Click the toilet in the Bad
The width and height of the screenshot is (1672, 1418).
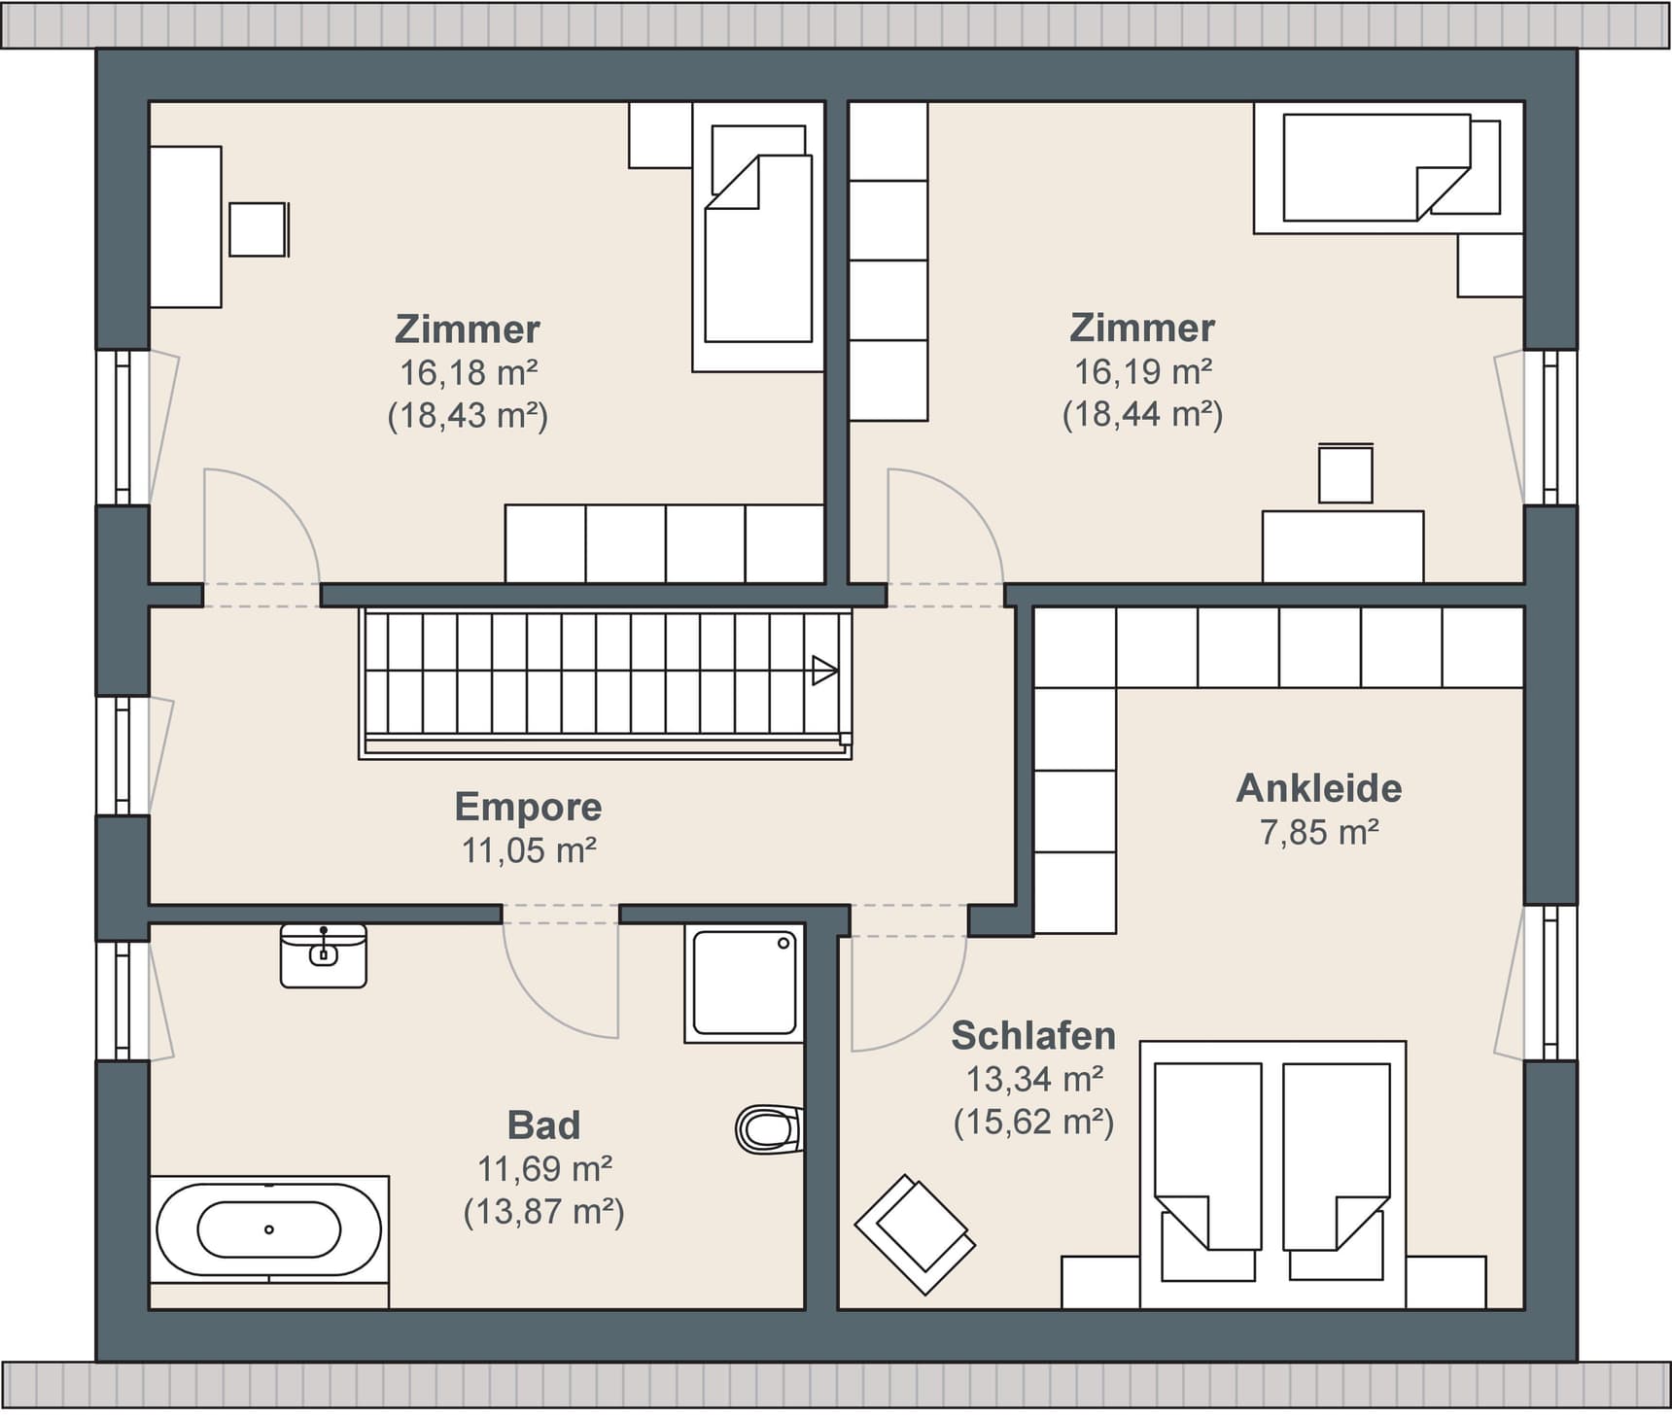[x=769, y=1129]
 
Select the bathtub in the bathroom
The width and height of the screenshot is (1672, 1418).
[x=269, y=1229]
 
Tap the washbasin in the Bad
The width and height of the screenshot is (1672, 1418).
[x=324, y=956]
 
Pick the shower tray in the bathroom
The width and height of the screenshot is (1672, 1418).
[x=745, y=983]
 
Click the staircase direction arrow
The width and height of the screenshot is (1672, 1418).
[x=824, y=671]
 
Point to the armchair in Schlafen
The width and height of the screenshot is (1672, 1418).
[x=915, y=1234]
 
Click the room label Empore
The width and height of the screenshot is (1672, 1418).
[x=528, y=807]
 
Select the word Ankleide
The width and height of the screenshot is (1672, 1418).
[x=1318, y=787]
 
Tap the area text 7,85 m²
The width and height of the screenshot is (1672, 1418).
[x=1319, y=832]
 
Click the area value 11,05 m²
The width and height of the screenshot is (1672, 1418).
[x=528, y=850]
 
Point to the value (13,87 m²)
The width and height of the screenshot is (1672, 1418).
[x=543, y=1212]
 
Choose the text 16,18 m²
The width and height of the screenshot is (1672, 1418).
[x=468, y=371]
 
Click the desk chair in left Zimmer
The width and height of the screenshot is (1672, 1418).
[x=259, y=229]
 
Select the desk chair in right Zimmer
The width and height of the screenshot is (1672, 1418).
[x=1345, y=473]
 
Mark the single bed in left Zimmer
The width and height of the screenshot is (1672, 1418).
[x=758, y=237]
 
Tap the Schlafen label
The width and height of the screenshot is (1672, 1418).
[x=1032, y=1035]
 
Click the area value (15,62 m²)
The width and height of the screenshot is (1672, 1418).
[x=1033, y=1123]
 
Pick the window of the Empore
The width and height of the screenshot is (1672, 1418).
[x=123, y=755]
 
